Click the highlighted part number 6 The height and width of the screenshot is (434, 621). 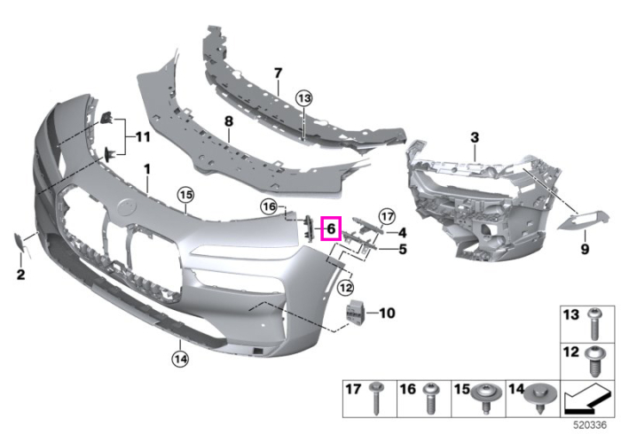331,229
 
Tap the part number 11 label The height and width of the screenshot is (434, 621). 143,137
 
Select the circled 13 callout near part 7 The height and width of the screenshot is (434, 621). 303,98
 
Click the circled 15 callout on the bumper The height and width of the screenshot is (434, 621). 186,195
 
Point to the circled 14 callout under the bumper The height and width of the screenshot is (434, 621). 180,359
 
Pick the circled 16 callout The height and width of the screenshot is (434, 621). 269,206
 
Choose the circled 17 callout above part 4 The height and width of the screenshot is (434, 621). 387,217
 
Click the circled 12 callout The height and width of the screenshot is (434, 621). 346,287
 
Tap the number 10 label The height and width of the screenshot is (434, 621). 387,313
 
